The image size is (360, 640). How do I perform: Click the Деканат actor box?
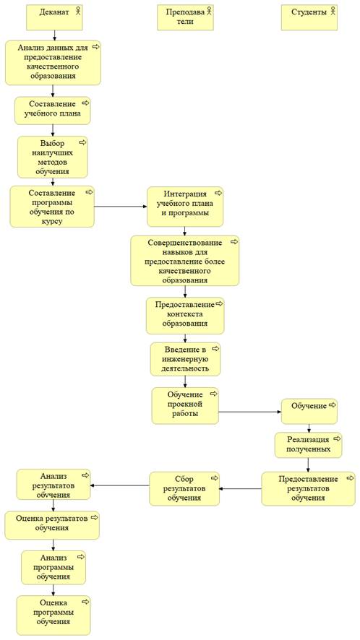point(54,17)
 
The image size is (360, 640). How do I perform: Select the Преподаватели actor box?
point(185,17)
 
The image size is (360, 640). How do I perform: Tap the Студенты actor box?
point(309,17)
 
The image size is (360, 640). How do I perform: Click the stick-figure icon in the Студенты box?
point(333,12)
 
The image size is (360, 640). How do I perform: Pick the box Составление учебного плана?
point(53,111)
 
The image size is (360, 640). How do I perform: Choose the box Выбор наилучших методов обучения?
point(53,157)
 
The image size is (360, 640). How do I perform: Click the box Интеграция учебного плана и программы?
point(185,207)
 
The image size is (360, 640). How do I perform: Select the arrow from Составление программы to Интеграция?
point(121,207)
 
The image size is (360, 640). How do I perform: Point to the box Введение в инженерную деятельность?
point(186,359)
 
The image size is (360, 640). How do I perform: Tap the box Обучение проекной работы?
point(185,406)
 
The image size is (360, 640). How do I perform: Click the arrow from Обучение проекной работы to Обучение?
point(250,412)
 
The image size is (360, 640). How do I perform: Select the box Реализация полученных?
point(308,445)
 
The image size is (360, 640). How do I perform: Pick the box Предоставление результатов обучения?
point(309,488)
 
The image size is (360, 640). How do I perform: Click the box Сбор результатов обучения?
point(184,488)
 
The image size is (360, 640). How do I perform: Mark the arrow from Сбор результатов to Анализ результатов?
point(120,485)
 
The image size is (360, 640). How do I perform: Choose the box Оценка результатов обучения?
point(52,525)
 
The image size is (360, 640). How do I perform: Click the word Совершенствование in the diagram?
point(185,243)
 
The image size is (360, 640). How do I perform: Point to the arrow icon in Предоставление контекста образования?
point(220,303)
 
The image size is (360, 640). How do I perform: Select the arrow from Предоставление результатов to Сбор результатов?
point(241,488)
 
